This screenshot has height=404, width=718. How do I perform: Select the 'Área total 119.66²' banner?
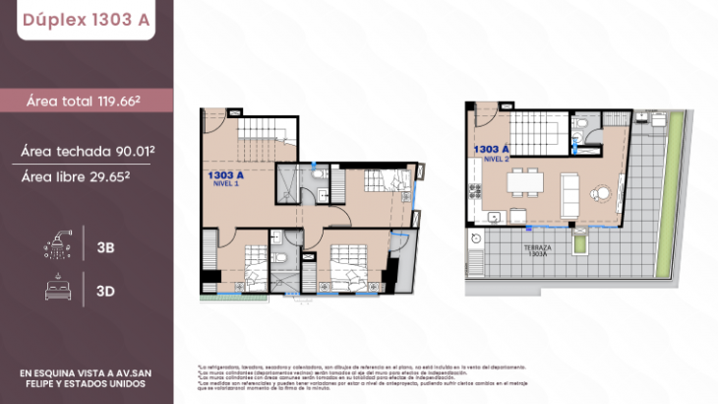pos(86,101)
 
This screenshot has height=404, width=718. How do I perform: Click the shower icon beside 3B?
pos(57,246)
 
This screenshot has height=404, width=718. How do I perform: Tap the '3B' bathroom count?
pos(105,247)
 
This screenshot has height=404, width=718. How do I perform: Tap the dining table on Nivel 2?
pos(524,182)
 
